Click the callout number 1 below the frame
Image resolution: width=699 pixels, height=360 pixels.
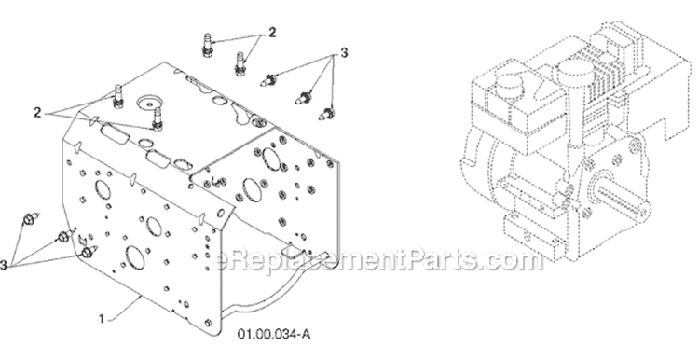102,319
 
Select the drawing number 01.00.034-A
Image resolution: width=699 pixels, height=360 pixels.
274,334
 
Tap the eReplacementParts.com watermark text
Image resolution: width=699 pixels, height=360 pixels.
380,260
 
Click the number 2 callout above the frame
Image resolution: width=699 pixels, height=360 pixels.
271,32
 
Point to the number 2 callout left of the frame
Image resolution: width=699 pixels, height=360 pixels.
37,113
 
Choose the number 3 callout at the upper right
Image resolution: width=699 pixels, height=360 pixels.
344,53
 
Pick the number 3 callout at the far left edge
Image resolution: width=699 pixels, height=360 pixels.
4,266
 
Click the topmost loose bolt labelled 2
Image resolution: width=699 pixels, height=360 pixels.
206,45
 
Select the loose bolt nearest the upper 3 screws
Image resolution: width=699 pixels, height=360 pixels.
240,62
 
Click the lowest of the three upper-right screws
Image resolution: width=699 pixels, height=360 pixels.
327,113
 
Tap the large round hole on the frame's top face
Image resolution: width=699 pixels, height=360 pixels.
149,102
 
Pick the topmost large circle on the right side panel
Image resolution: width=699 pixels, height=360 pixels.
270,158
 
